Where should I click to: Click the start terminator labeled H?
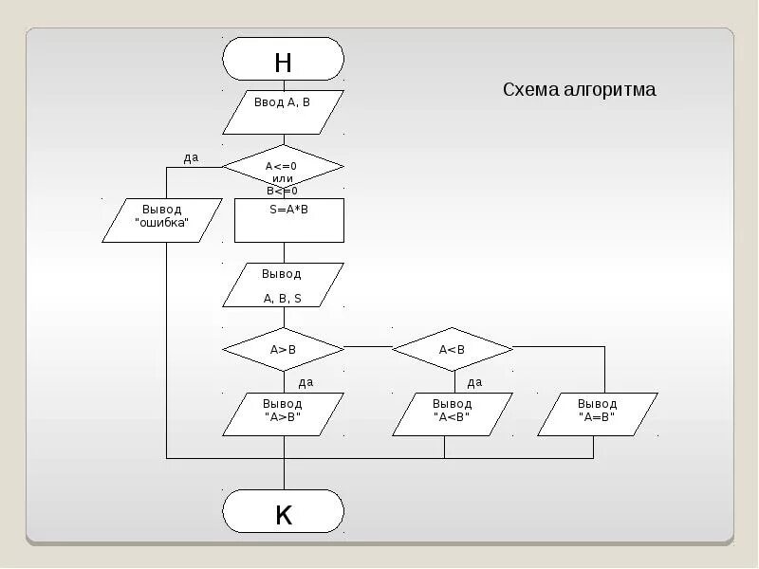point(283,59)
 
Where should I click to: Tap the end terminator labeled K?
point(283,512)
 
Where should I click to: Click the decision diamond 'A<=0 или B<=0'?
point(283,167)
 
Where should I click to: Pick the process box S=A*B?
point(288,220)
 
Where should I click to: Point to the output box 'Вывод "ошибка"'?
point(161,219)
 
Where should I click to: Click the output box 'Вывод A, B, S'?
point(283,285)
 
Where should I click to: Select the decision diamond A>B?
point(283,349)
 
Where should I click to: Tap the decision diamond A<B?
point(452,349)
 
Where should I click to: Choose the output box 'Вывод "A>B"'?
point(283,413)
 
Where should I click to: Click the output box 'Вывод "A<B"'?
point(452,413)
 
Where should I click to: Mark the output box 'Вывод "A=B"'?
point(597,413)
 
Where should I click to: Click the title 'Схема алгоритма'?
point(579,90)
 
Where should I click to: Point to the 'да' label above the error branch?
point(191,158)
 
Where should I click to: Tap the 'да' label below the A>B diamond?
point(305,382)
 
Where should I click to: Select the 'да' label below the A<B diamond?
point(474,382)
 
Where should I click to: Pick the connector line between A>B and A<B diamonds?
point(367,347)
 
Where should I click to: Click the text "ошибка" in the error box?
point(161,224)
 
